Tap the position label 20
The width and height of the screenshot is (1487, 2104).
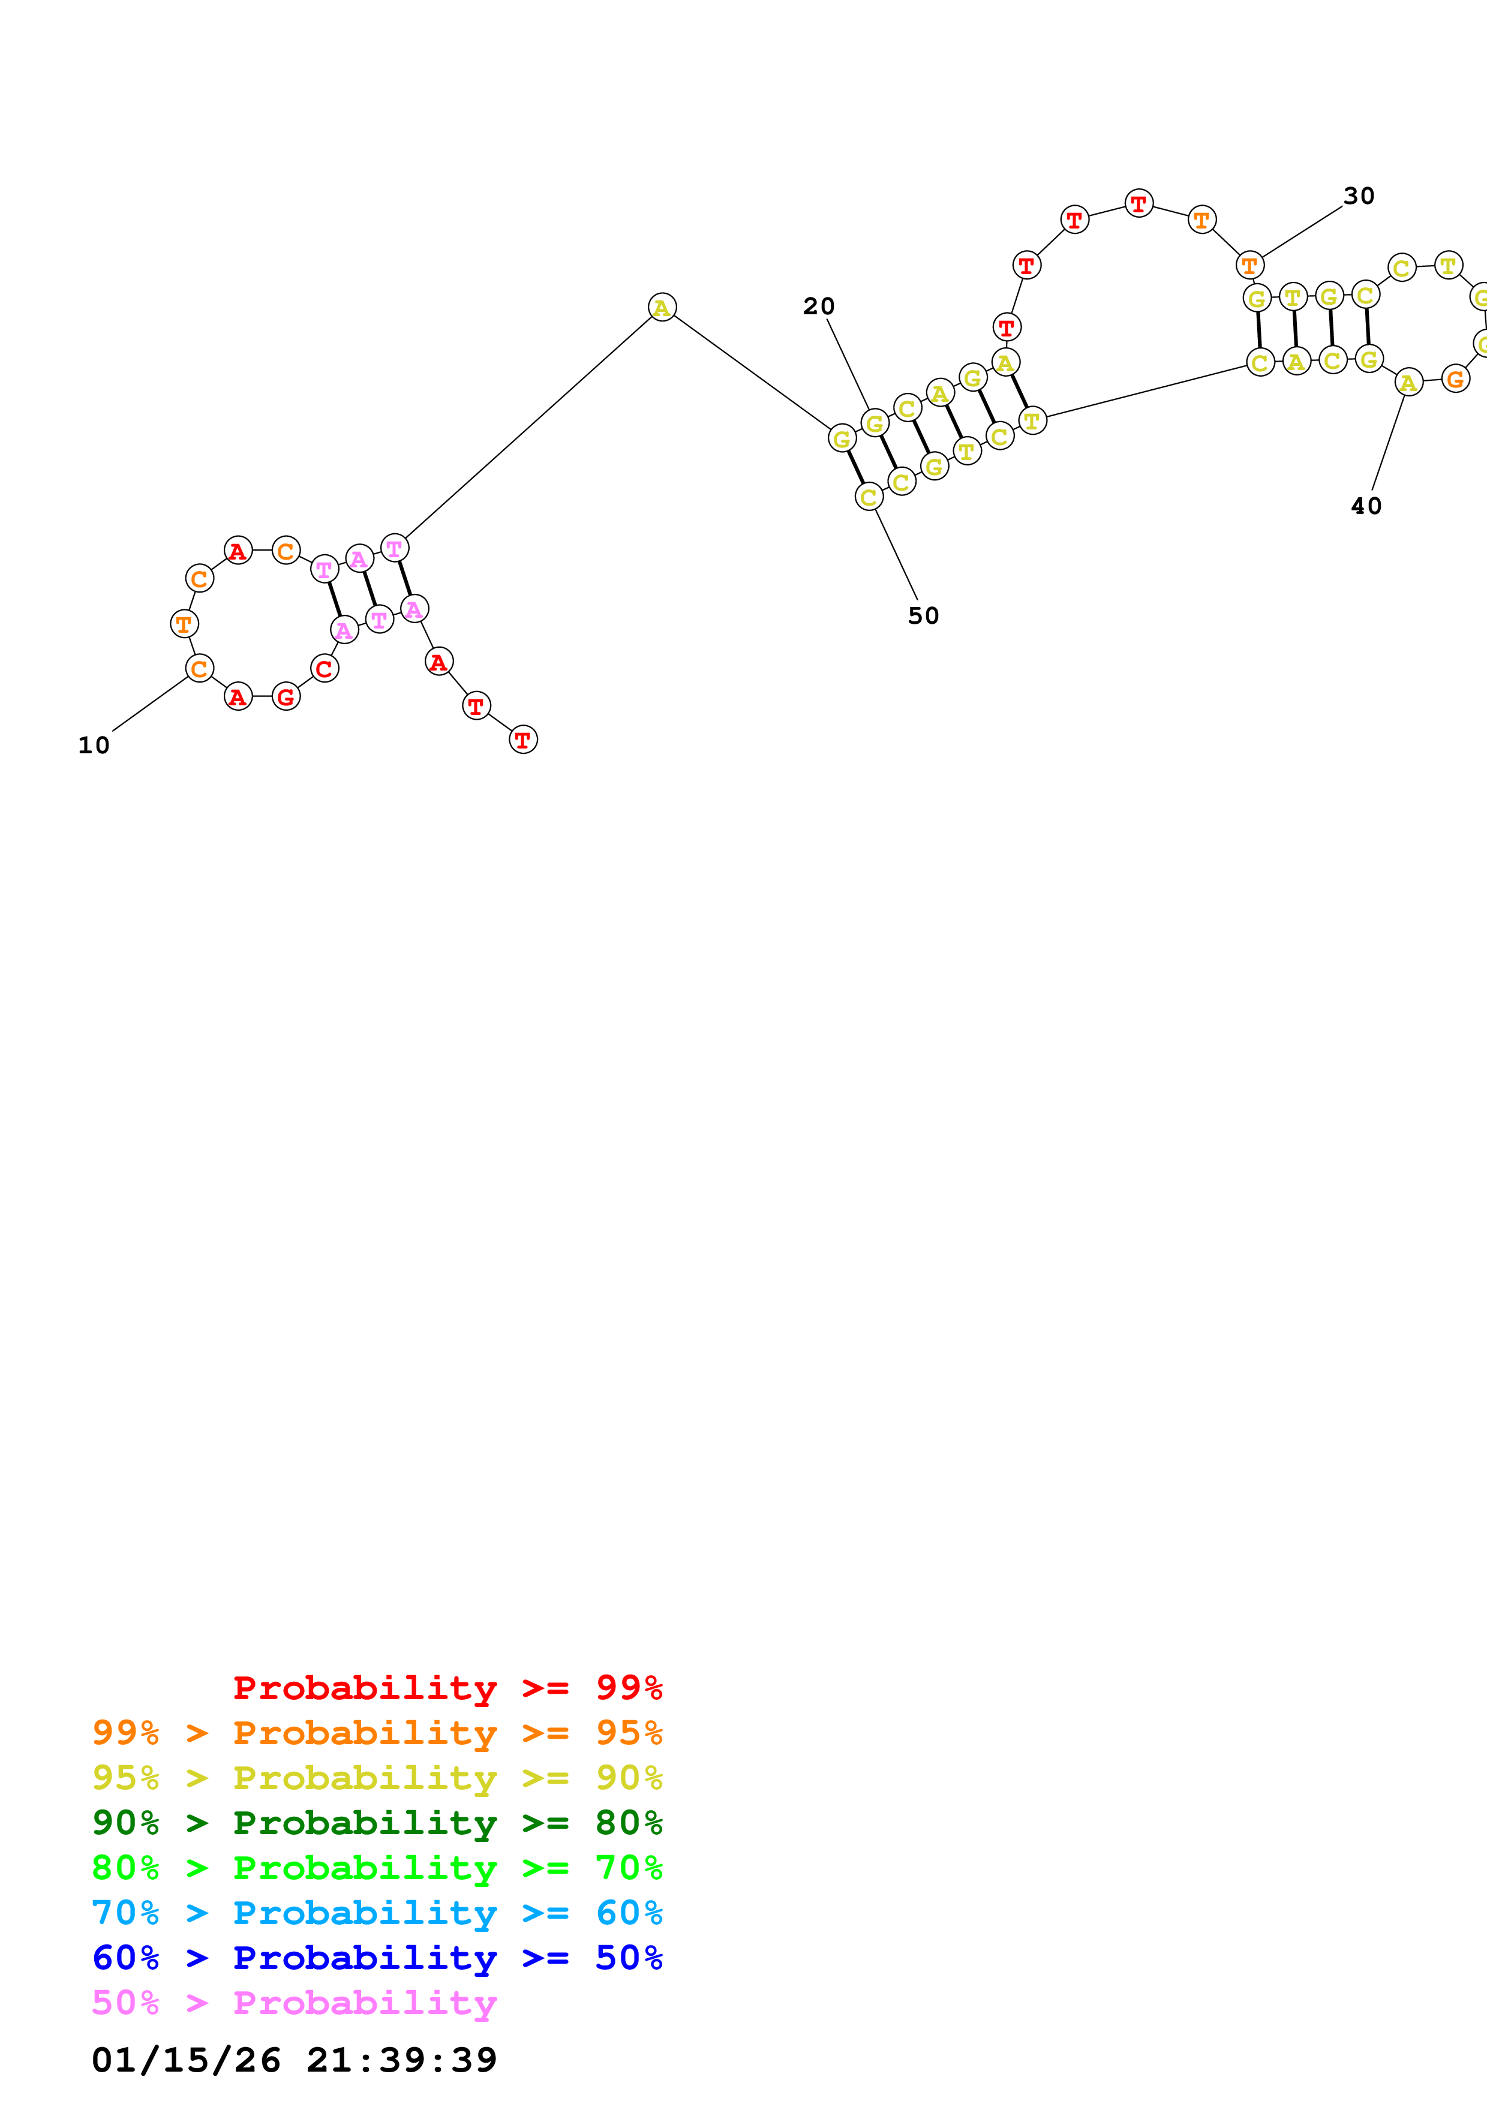pos(818,306)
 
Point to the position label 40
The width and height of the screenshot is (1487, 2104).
pos(1365,506)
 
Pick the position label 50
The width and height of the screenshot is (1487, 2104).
pos(923,616)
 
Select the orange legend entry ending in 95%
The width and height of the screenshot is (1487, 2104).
pos(377,1733)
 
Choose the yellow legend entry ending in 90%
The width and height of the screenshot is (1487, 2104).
pos(377,1778)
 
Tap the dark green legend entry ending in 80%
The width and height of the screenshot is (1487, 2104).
pos(377,1823)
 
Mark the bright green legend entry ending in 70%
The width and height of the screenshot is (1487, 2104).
pos(377,1868)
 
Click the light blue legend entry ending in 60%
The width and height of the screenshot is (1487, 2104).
pos(377,1913)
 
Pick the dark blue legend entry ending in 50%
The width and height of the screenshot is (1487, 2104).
pos(377,1958)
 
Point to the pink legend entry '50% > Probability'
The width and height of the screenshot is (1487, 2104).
pos(294,2002)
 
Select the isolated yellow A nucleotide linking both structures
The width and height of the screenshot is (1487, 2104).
pos(662,307)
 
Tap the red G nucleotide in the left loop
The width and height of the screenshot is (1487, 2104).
pos(286,696)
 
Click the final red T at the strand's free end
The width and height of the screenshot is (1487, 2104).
pos(523,740)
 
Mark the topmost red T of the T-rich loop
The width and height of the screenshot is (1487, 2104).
pos(1138,203)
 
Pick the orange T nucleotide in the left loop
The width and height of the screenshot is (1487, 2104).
pos(184,624)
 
